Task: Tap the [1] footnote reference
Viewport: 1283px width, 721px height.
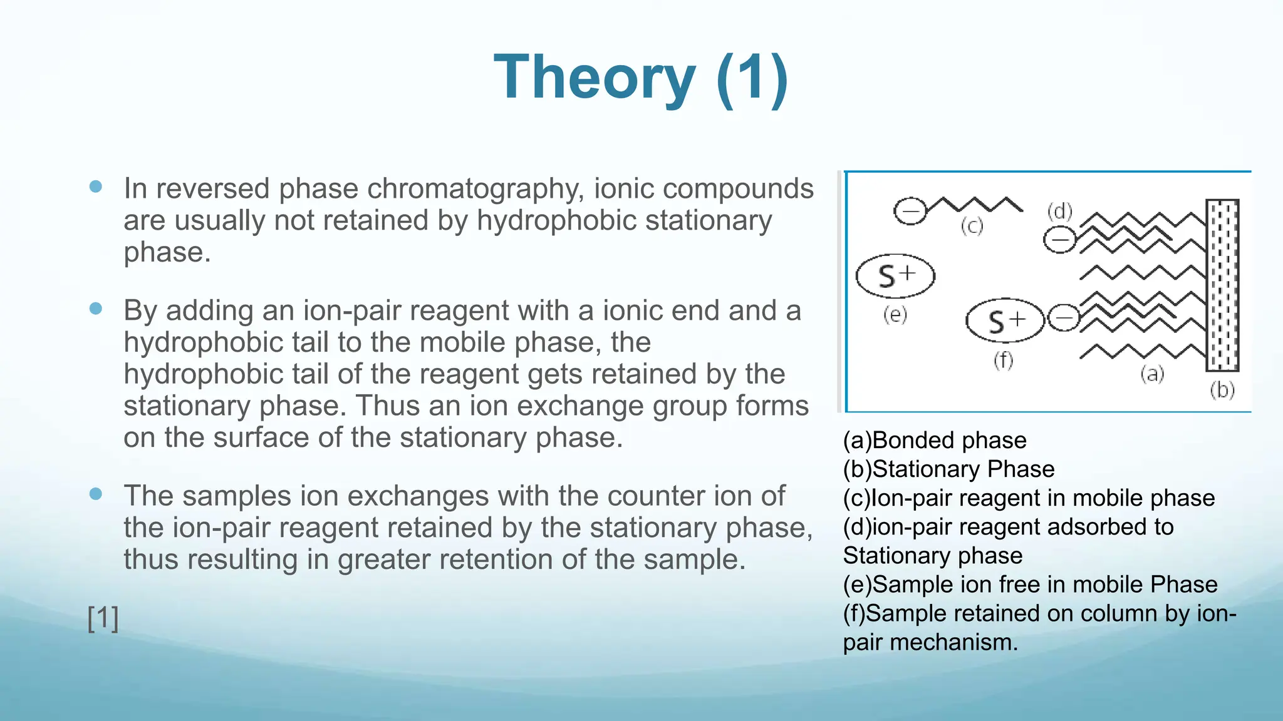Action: point(103,618)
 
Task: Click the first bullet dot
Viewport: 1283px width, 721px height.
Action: point(96,187)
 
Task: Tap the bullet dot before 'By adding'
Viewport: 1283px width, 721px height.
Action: point(96,308)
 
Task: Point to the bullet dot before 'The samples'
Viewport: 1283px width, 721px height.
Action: point(96,494)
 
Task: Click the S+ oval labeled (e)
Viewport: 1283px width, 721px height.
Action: point(895,275)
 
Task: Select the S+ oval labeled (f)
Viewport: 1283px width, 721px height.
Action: point(1005,321)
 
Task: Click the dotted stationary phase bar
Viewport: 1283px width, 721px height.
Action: point(1222,285)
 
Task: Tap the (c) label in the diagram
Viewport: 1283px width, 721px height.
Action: point(972,226)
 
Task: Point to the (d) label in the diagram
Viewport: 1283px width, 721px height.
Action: point(1060,212)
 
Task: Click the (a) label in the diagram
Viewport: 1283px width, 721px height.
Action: point(1152,374)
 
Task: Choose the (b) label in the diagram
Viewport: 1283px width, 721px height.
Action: point(1222,390)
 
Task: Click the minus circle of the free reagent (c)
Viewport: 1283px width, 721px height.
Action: point(910,210)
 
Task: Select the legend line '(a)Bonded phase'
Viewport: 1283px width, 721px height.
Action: point(935,441)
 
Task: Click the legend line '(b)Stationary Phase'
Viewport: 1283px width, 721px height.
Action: point(948,469)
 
